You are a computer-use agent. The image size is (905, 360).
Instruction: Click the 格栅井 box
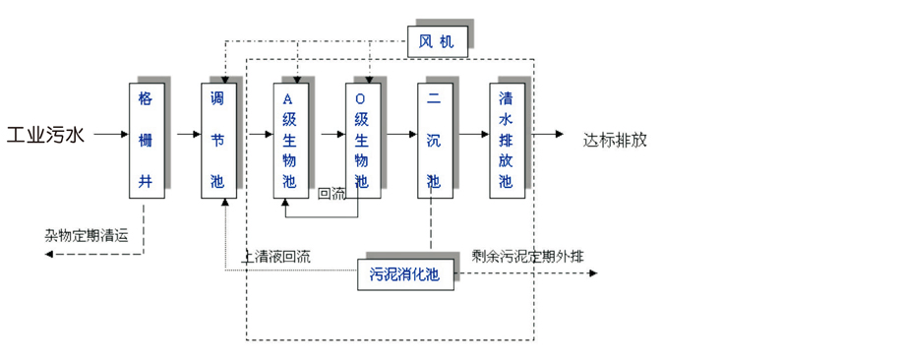pos(146,141)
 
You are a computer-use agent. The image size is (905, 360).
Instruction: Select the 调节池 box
pos(217,141)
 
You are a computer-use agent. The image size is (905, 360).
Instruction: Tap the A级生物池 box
pos(290,141)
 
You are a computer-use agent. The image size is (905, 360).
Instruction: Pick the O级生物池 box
pos(362,141)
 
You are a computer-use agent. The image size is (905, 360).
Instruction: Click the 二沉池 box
pos(434,141)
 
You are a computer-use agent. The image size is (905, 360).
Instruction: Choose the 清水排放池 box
pos(506,141)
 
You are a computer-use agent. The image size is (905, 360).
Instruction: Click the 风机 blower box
pos(437,42)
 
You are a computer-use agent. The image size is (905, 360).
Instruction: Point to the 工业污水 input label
pos(46,135)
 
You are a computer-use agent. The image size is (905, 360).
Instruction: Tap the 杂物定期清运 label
pos(86,235)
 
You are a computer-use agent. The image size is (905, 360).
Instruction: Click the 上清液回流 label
pos(276,257)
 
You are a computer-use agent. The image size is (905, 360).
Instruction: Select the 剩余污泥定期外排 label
pos(527,256)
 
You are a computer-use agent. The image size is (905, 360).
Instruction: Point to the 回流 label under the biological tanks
pos(332,193)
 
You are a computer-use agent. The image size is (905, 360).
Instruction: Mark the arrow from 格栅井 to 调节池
pos(187,134)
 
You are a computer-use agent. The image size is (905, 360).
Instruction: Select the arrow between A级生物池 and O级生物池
pos(332,134)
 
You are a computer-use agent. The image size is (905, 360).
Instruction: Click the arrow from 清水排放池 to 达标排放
pos(548,134)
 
